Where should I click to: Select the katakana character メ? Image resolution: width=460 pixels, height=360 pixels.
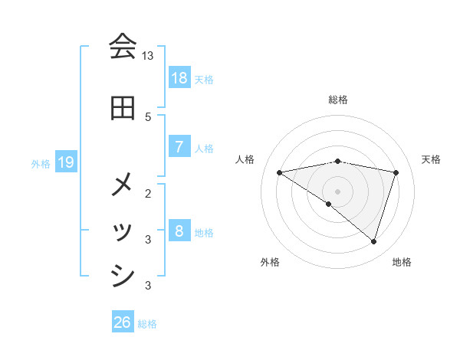pos(123,184)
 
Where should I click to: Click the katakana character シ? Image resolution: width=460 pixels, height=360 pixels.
pos(123,276)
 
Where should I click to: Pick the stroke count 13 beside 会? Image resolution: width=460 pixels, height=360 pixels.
pos(148,56)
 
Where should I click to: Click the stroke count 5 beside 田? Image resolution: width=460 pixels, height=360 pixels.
pos(148,116)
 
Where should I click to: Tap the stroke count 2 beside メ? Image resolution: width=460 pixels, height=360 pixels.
pos(148,193)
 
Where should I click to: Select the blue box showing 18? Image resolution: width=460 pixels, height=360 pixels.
pos(179,78)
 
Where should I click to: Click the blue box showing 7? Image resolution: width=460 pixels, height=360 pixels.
pos(179,147)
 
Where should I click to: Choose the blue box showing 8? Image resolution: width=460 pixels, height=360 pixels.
pos(179,231)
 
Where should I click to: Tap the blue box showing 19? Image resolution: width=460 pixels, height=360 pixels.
pos(66,162)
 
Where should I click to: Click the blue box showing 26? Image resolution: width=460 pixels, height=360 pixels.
pos(123,322)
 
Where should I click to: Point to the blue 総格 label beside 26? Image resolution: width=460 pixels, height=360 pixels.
pos(147,324)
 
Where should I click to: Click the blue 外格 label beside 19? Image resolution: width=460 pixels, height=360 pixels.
pos(41,163)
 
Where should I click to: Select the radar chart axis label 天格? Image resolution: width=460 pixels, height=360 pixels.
pos(431,159)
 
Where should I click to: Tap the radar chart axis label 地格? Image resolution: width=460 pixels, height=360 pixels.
pos(402,263)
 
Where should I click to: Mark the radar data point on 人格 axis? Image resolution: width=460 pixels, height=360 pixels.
pos(279,172)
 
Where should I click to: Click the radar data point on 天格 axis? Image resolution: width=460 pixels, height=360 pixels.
pos(396,172)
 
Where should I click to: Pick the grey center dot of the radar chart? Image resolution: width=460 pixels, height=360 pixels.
pos(337,191)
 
